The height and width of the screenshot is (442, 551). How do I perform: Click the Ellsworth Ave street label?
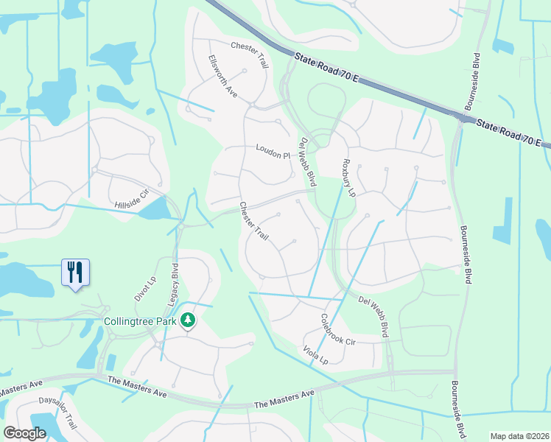point(222,76)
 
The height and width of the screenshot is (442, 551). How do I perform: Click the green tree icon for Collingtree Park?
point(189,320)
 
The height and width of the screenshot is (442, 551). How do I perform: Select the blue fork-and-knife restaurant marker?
point(75,273)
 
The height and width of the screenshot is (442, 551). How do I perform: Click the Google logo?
point(26,433)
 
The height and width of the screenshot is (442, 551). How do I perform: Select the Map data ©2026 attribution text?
point(519,436)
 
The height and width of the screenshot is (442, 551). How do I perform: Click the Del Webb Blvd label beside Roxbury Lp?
point(307,156)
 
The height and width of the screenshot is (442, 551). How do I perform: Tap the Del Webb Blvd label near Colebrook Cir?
point(373,315)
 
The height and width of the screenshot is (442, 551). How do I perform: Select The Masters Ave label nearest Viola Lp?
point(284,404)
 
